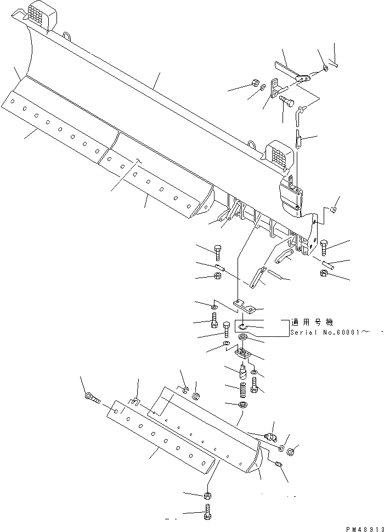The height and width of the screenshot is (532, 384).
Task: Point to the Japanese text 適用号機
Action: (313, 323)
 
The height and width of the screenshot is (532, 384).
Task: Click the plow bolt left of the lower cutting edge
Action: (92, 397)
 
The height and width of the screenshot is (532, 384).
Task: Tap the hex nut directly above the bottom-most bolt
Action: (208, 496)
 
